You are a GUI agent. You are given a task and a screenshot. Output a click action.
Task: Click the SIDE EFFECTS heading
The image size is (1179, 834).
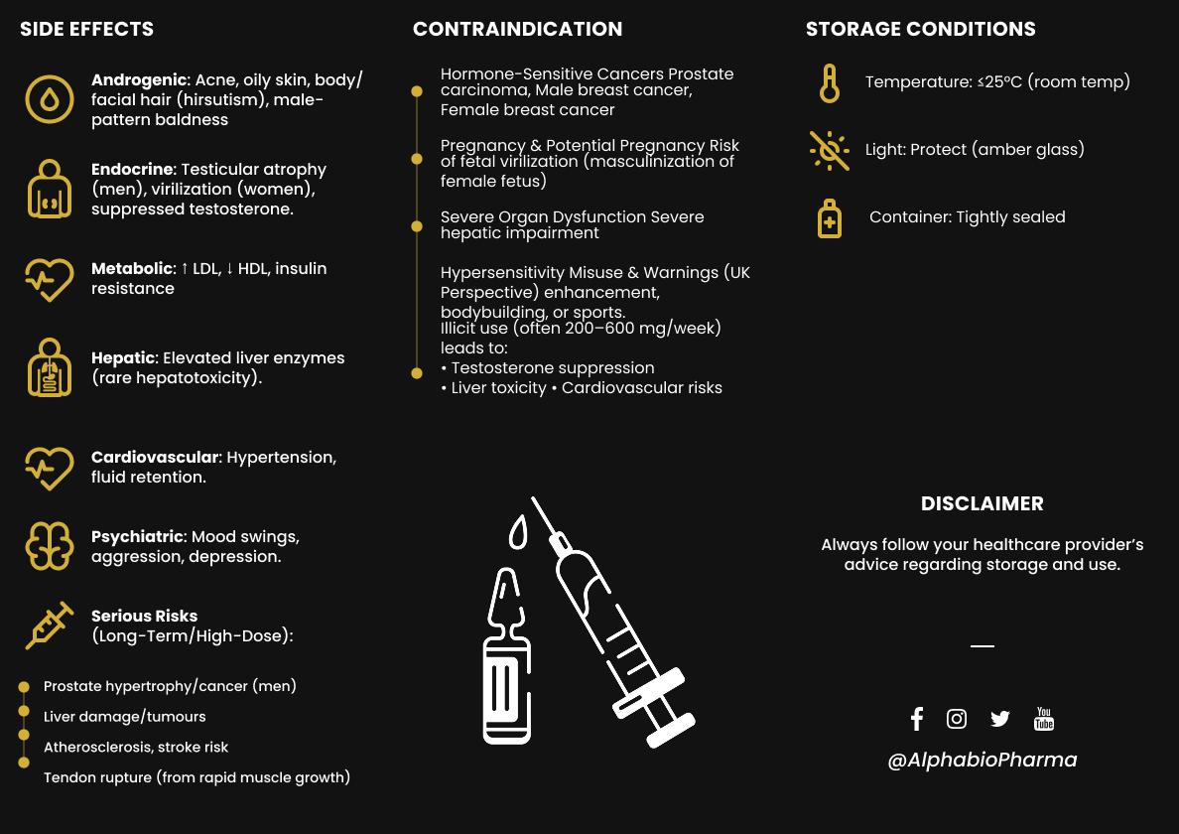(87, 29)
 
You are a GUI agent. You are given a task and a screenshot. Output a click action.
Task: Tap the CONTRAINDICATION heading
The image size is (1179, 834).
(517, 29)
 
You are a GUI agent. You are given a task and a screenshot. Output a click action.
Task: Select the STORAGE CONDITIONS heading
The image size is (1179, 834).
(920, 29)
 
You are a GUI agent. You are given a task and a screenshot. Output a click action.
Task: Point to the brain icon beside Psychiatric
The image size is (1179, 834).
(49, 545)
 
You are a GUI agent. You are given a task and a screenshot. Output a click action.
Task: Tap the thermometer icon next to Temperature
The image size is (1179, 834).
(829, 82)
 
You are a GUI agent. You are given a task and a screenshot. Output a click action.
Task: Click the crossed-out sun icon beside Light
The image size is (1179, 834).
(829, 150)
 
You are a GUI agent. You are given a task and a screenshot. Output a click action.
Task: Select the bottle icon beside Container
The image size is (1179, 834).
(829, 217)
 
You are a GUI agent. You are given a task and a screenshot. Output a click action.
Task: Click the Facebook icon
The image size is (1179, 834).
(916, 719)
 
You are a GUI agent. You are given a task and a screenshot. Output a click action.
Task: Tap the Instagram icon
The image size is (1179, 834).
(957, 719)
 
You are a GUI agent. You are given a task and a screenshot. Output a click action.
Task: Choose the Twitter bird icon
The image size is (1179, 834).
(999, 719)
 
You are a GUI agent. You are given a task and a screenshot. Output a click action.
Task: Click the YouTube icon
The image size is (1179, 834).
(1043, 719)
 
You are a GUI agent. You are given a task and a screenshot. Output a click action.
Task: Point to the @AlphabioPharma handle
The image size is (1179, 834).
(982, 760)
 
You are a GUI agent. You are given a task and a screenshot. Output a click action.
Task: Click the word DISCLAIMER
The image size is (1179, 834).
(982, 503)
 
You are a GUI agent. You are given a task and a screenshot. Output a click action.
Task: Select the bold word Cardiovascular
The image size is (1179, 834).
(155, 457)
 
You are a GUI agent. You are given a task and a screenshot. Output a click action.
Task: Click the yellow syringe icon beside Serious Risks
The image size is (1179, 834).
(49, 625)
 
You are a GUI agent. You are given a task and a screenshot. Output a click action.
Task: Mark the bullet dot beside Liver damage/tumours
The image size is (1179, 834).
(24, 711)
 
